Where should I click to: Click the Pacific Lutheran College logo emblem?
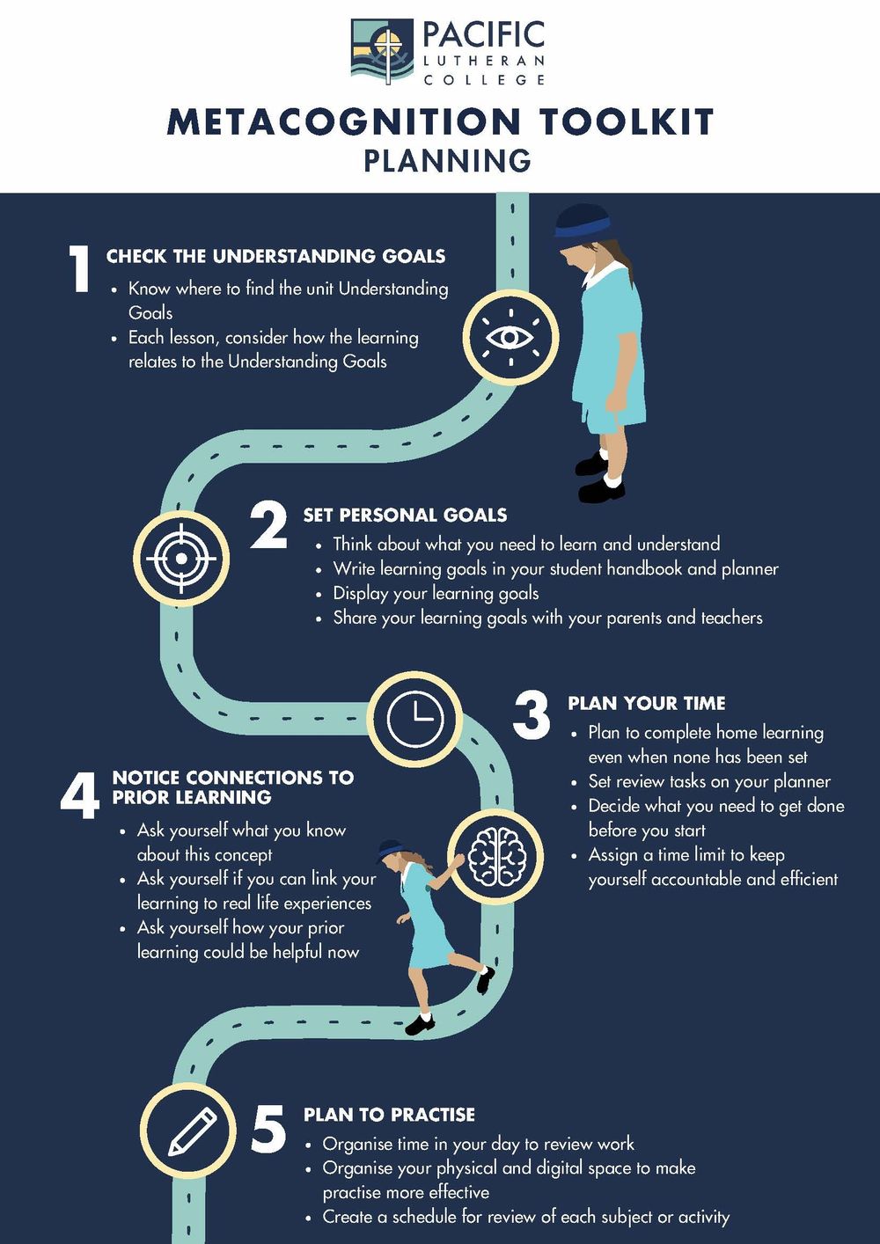(382, 52)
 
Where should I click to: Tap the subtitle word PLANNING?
(447, 160)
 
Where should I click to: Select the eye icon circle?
(510, 338)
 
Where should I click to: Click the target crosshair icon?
(180, 558)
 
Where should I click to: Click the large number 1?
(79, 268)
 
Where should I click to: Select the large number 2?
(269, 526)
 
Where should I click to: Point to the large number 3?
(532, 716)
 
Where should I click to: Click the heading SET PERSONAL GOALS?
(405, 515)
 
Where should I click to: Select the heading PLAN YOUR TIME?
(647, 703)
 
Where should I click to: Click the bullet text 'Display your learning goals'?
(436, 594)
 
